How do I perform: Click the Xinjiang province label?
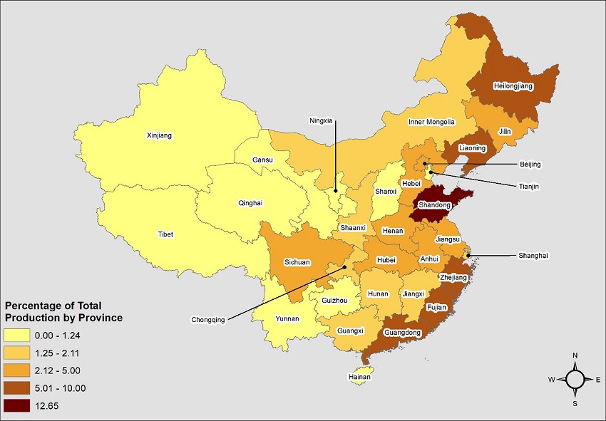point(159,135)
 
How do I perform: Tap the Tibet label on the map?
point(165,234)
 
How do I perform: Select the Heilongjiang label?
point(514,86)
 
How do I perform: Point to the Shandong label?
point(433,205)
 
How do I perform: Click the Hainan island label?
point(360,377)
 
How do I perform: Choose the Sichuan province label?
point(297,262)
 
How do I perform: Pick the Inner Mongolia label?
point(431,122)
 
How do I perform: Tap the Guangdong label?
point(403,333)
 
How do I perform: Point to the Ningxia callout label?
point(321,120)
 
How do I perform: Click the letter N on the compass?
point(575,355)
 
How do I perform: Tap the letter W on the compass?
point(551,380)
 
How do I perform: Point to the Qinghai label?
point(250,203)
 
